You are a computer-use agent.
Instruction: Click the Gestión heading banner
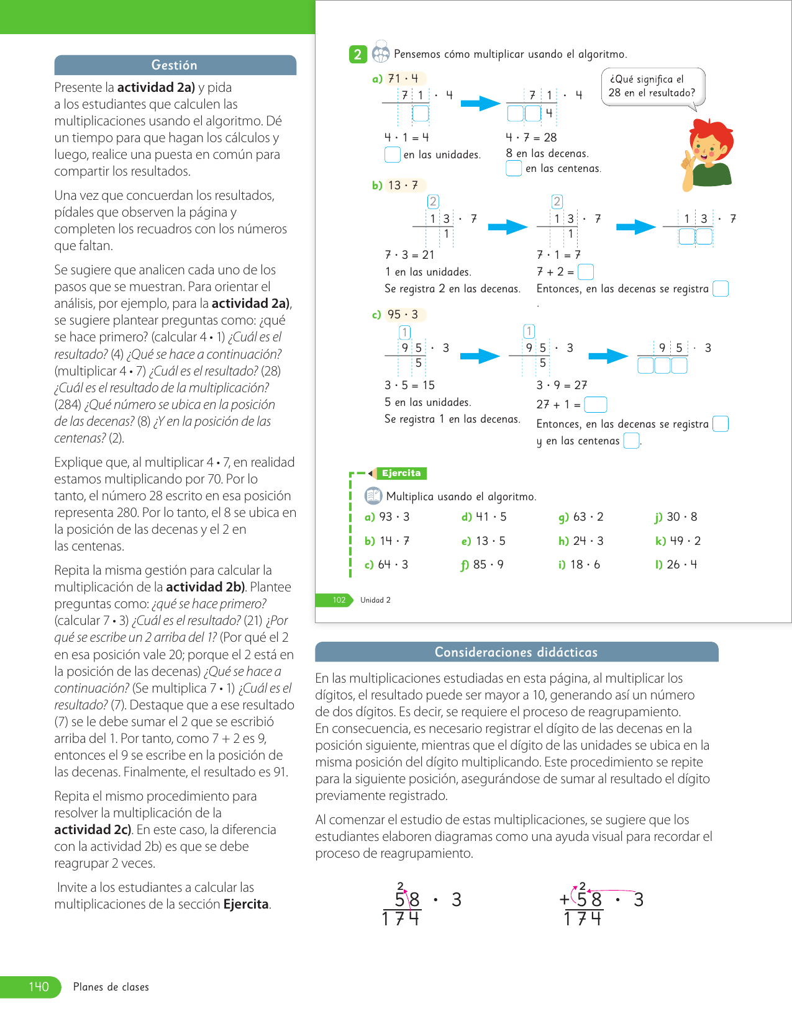pyautogui.click(x=175, y=65)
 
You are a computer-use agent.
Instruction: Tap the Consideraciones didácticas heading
pyautogui.click(x=516, y=652)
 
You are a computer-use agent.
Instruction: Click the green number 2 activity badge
pyautogui.click(x=357, y=55)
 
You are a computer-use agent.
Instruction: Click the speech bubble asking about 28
pyautogui.click(x=652, y=86)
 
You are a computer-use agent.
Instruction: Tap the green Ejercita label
pyautogui.click(x=401, y=474)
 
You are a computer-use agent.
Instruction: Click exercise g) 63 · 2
pyautogui.click(x=581, y=517)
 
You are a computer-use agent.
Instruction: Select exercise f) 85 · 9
pyautogui.click(x=482, y=565)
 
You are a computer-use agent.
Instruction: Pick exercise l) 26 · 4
pyautogui.click(x=676, y=565)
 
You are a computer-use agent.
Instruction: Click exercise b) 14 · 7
pyautogui.click(x=387, y=541)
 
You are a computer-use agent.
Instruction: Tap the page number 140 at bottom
pyautogui.click(x=39, y=987)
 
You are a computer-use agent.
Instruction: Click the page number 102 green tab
pyautogui.click(x=339, y=600)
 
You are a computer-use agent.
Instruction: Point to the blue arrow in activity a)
pyautogui.click(x=480, y=104)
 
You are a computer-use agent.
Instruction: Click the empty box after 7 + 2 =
pyautogui.click(x=585, y=272)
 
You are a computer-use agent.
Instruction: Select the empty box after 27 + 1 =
pyautogui.click(x=595, y=405)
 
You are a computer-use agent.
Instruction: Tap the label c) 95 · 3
pyautogui.click(x=396, y=315)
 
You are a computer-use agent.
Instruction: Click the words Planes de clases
pyautogui.click(x=111, y=987)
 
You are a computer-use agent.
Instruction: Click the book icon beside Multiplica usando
pyautogui.click(x=373, y=496)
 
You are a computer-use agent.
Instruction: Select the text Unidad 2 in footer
pyautogui.click(x=375, y=600)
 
